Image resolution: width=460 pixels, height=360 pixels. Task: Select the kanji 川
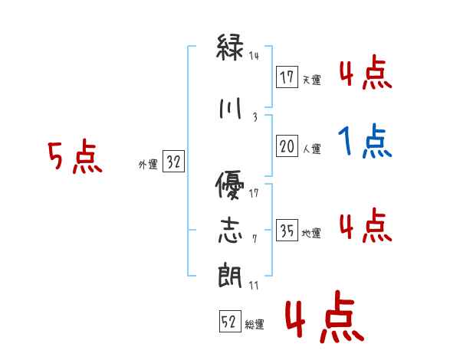231,108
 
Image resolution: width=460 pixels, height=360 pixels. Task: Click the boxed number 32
173,163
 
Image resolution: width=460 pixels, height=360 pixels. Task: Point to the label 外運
148,165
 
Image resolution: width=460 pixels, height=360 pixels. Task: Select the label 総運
255,325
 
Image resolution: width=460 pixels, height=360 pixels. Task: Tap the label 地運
311,234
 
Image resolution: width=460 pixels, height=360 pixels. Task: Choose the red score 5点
74,159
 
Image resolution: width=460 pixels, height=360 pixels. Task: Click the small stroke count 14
255,55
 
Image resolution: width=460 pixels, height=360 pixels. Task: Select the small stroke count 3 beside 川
254,116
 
